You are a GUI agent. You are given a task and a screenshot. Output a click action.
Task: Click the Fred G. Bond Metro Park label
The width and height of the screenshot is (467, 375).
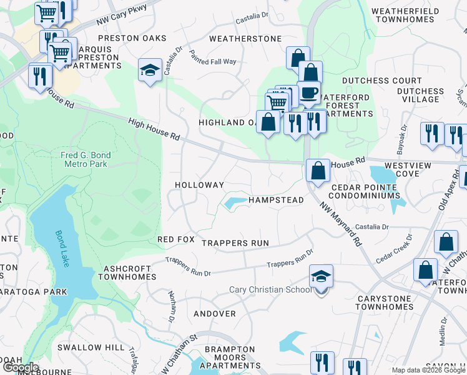point(86,159)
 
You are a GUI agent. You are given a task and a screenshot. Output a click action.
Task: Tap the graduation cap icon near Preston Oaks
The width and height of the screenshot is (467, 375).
point(150,70)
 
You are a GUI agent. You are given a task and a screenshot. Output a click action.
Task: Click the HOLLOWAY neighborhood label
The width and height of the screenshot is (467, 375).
point(199,186)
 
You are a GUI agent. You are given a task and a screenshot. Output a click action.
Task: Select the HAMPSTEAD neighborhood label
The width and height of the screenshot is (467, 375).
point(276,200)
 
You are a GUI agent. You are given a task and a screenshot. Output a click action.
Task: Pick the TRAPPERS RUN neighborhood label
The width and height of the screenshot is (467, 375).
point(235,242)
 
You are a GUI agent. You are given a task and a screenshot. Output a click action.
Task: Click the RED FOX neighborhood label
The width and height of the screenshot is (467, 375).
point(176,240)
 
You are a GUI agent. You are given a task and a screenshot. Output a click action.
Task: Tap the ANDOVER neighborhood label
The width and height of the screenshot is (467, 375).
point(215,314)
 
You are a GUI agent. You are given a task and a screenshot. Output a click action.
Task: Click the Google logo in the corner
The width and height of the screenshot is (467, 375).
point(20,367)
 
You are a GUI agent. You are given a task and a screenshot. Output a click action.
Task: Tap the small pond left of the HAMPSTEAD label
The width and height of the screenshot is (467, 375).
point(234,202)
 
